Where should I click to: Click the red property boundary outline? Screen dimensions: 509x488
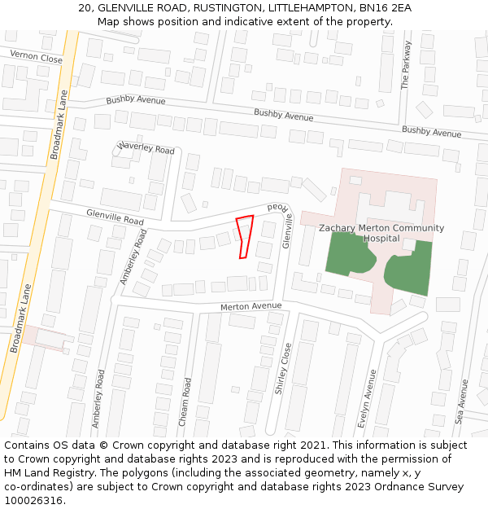(244, 236)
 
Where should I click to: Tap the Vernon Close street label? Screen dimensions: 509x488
(36, 57)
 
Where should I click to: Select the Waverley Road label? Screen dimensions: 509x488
(146, 149)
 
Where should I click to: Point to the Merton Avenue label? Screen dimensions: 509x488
(251, 306)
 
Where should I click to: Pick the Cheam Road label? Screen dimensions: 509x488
(185, 401)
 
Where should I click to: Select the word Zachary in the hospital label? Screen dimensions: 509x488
(339, 228)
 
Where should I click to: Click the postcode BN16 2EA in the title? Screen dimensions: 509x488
(386, 8)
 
